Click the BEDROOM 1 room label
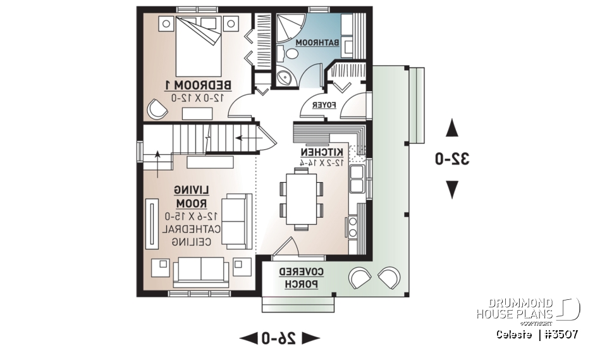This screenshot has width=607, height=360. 199,85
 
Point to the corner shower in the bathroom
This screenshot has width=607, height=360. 286,28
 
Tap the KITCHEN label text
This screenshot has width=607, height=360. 322,152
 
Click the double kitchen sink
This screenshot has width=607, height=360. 357,179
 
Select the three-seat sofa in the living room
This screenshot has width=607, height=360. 201,271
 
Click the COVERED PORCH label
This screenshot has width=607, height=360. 301,278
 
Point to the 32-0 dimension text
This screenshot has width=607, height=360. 452,159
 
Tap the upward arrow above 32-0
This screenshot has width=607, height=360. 452,129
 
